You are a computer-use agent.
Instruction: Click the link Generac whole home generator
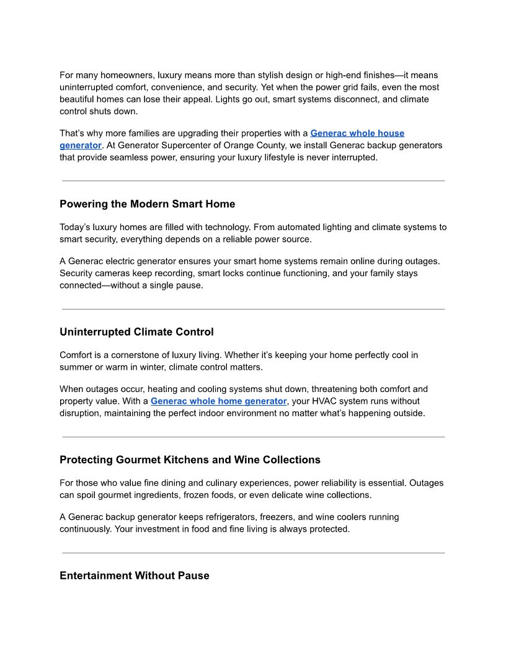pos(218,401)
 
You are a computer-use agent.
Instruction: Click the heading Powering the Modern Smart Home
pos(147,204)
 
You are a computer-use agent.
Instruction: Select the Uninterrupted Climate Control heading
pos(136,332)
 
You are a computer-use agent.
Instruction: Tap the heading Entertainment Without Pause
pos(134,576)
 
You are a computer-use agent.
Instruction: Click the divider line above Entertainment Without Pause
pos(253,553)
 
